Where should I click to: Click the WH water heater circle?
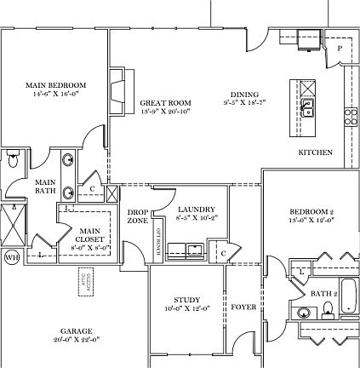(12, 258)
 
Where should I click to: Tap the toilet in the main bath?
(12, 160)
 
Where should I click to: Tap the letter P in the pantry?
(339, 49)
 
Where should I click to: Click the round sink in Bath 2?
(304, 313)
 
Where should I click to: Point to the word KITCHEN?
(314, 152)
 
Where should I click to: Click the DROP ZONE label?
(138, 216)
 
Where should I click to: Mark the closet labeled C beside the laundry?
(221, 254)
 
